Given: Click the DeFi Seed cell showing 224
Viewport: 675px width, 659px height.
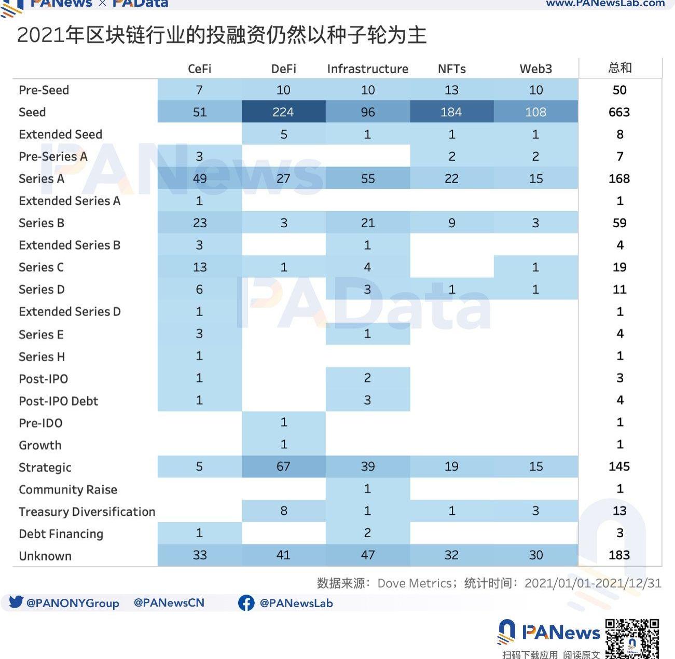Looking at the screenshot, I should coord(283,112).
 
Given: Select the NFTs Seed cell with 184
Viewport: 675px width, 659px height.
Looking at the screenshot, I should coord(451,112).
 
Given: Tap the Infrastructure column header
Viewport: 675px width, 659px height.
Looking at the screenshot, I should coord(367,69).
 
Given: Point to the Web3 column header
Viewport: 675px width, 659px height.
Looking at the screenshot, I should coord(535,69).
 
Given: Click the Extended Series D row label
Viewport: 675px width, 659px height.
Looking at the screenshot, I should coord(70,312).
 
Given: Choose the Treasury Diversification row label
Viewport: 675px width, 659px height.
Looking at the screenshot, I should coord(87,512).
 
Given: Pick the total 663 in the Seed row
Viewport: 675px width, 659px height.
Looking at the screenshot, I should coord(619,112).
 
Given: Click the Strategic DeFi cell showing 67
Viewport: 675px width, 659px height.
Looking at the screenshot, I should coord(283,466).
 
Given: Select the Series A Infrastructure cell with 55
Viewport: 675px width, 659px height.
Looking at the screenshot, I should coord(367,179).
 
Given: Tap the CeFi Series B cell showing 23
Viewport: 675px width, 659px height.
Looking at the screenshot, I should coord(200,223).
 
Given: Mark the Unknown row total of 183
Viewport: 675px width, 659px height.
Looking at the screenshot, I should coord(619,555).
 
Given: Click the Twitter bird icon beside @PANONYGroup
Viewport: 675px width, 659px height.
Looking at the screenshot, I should coord(16,602).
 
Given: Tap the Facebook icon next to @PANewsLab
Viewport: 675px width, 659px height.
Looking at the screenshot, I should coord(246,602).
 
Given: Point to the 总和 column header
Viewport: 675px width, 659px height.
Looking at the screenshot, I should coord(619,68).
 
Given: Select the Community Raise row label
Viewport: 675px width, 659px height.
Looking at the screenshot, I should coord(68,490).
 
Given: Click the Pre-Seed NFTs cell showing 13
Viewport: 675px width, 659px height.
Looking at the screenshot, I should coord(451,90).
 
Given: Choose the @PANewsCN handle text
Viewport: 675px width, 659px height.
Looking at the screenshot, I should coord(169,603).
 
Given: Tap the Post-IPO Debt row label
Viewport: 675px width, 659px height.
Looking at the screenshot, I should coord(58,401).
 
